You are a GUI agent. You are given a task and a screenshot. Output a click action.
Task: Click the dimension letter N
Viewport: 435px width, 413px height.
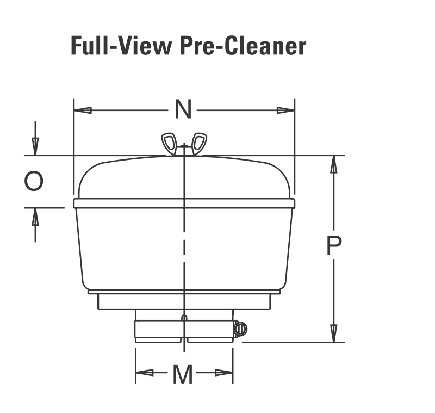(184, 110)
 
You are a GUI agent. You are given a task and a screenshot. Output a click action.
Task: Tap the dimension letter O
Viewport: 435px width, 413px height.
(34, 181)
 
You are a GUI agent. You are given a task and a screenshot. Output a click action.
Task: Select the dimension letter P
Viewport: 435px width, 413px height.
(334, 246)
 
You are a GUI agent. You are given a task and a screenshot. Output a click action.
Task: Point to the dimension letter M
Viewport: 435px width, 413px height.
(183, 374)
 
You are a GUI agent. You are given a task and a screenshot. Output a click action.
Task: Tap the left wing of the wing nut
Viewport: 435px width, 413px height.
(169, 143)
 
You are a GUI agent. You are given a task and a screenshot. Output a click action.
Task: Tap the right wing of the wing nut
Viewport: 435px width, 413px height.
(199, 143)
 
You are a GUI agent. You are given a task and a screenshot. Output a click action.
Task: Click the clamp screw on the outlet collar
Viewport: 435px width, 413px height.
(240, 328)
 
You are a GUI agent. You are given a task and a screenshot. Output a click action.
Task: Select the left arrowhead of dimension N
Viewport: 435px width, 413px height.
(82, 110)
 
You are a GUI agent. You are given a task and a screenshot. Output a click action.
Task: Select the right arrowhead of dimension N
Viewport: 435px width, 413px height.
(286, 110)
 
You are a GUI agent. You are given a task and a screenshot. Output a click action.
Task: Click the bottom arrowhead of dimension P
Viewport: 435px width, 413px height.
(334, 333)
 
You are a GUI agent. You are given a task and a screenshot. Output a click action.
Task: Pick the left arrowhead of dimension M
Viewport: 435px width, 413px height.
(144, 373)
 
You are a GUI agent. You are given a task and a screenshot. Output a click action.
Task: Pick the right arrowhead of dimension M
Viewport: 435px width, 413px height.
(225, 373)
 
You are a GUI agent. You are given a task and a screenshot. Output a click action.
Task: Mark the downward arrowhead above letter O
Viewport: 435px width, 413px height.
(35, 145)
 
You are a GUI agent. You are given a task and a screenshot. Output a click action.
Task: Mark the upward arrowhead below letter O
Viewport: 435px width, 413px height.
(35, 217)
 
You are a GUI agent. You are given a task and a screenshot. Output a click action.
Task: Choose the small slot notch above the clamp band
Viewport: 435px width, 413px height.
(184, 317)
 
